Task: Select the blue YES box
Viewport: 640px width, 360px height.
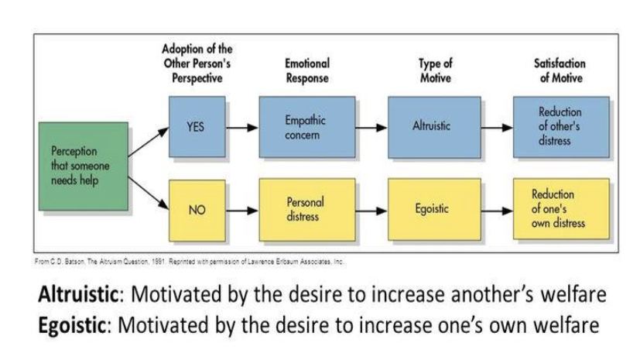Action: [x=197, y=126]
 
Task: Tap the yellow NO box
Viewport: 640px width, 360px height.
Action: [x=197, y=210]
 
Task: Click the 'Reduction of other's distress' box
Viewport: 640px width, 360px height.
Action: [x=560, y=125]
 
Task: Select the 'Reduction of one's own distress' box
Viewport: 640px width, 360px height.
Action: [x=560, y=209]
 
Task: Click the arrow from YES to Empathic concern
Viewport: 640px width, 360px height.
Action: [x=242, y=127]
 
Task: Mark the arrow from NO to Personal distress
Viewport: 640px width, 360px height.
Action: [x=242, y=210]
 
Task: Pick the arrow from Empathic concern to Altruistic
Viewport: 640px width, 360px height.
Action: [x=371, y=127]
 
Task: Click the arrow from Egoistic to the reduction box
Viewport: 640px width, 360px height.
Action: [x=495, y=210]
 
